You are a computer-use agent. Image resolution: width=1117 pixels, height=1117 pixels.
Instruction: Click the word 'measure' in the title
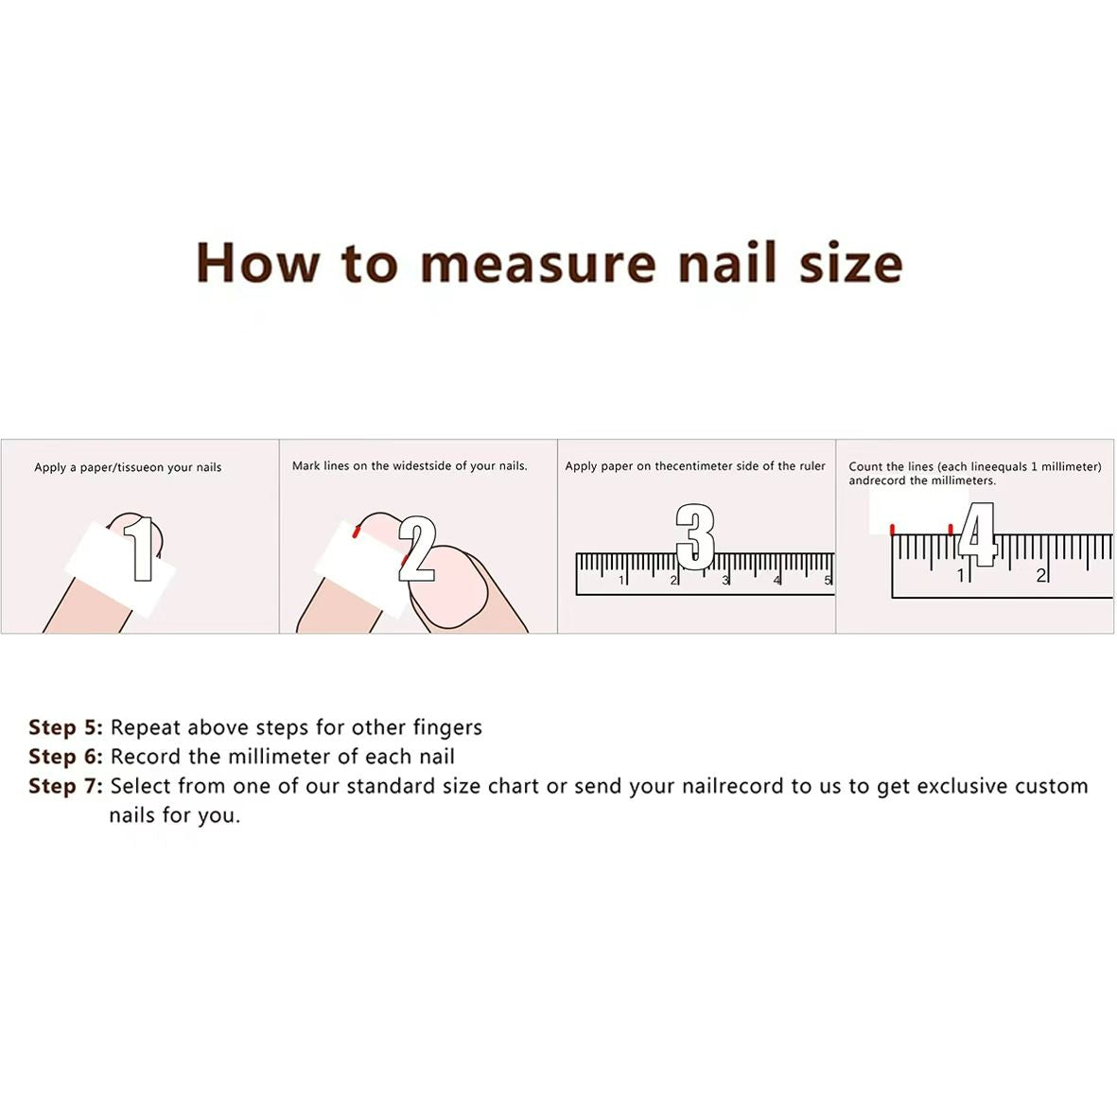point(538,263)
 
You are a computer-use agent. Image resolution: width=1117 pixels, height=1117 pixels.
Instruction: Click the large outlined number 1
point(141,549)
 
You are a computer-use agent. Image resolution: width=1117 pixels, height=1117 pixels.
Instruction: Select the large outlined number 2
point(416,549)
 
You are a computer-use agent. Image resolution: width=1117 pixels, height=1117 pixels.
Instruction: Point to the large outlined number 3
point(695,537)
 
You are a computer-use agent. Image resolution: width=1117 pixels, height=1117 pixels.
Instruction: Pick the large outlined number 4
point(977,534)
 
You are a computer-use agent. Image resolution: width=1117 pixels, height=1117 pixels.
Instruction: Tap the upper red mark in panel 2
point(357,531)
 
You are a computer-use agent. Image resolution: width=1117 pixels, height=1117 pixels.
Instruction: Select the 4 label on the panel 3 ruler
point(777,581)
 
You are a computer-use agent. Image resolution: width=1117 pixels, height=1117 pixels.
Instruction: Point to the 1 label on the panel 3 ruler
point(622,581)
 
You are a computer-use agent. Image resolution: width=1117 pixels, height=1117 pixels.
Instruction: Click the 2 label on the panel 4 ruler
point(1040,575)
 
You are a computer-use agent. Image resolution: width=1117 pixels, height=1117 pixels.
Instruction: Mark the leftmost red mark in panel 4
point(893,530)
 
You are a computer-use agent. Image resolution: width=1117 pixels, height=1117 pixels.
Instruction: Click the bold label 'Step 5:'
point(65,727)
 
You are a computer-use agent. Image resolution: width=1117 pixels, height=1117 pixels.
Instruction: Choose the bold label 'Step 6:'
point(65,757)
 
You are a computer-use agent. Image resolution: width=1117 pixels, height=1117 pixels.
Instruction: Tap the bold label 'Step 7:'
point(65,787)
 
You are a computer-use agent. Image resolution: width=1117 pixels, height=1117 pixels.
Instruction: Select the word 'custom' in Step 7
point(1052,787)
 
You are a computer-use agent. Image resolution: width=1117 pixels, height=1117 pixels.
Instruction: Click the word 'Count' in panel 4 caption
point(865,466)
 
